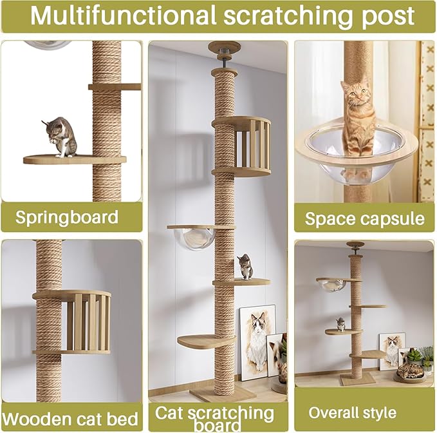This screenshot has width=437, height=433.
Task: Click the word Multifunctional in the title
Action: [123, 15]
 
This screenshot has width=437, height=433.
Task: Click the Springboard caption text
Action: [67, 218]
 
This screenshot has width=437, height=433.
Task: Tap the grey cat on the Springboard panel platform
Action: [60, 137]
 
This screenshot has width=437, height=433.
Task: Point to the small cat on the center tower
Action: [246, 266]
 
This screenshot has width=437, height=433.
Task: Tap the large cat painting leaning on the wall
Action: [257, 342]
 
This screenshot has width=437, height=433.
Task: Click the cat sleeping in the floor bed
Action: [411, 371]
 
